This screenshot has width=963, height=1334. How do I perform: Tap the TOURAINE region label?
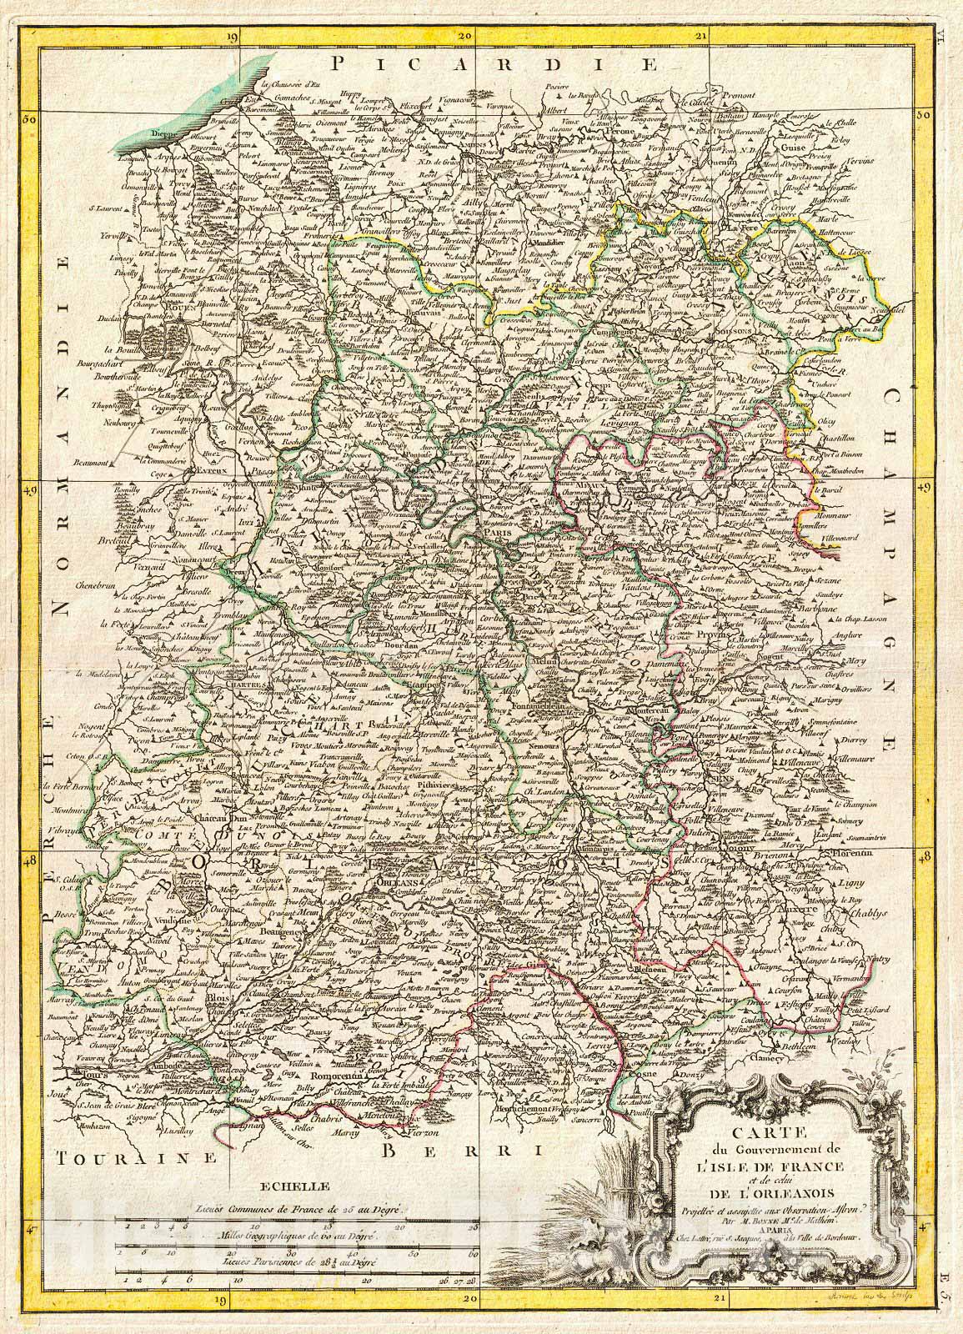[x=113, y=1157]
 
